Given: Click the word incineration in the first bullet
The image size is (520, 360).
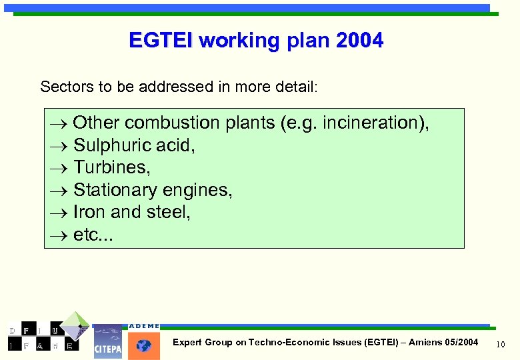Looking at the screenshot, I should [x=371, y=123].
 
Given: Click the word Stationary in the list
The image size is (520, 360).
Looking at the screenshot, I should [x=113, y=191].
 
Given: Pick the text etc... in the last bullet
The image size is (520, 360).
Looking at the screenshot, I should [x=93, y=235].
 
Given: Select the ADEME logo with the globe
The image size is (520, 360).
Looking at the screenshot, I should [x=143, y=341].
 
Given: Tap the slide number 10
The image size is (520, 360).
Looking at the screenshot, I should [x=502, y=343].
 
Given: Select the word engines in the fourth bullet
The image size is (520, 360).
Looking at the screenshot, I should [x=200, y=191].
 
